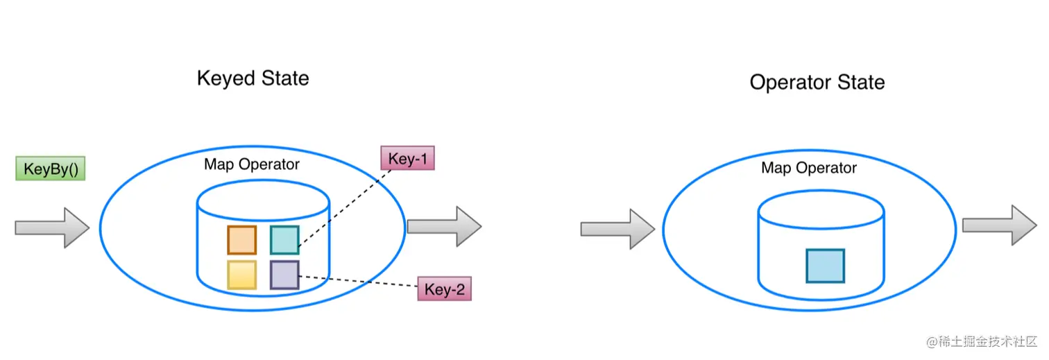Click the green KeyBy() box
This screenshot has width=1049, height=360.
tap(50, 169)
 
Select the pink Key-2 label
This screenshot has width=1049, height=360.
tap(444, 289)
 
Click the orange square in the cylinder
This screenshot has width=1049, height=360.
tap(241, 240)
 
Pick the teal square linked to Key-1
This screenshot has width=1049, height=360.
tap(284, 240)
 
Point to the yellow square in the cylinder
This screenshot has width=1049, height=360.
tap(241, 275)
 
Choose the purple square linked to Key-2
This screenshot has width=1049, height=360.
tap(284, 275)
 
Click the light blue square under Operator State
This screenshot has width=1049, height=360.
tap(825, 266)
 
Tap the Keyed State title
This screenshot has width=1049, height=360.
tap(253, 78)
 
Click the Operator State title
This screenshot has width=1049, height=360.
tap(817, 83)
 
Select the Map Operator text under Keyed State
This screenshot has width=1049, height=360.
tap(252, 164)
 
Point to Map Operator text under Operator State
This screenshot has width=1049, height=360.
tap(809, 168)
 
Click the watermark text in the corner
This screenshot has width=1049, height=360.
tap(980, 341)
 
